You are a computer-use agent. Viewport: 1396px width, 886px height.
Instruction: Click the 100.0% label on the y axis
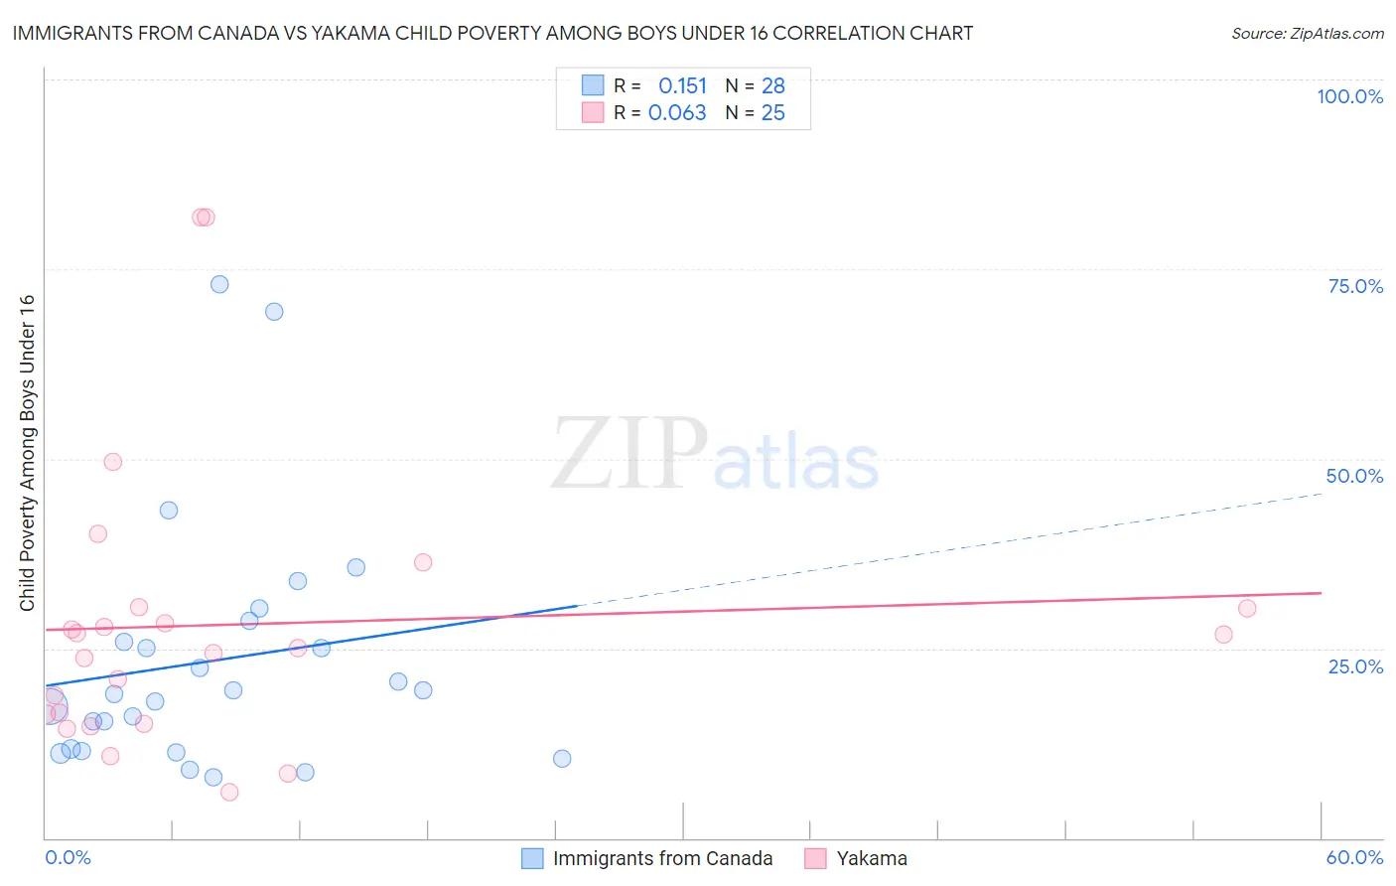(x=1349, y=96)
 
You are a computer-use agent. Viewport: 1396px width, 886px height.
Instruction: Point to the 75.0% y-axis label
(x=1355, y=286)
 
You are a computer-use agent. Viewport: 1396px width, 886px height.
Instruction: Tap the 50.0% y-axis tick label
(x=1354, y=476)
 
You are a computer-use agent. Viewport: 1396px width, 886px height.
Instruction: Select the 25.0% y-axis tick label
(x=1355, y=665)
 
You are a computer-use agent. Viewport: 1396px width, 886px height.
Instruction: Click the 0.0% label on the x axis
(x=68, y=857)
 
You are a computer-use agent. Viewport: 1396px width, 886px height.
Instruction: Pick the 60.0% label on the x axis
(x=1354, y=857)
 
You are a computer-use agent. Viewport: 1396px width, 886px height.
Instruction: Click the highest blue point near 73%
(x=219, y=284)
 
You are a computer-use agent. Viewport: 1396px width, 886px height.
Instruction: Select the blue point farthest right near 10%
(x=562, y=759)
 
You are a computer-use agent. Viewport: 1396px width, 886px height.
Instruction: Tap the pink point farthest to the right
(x=1247, y=609)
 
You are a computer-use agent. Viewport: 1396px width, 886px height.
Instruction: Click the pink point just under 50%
(x=113, y=462)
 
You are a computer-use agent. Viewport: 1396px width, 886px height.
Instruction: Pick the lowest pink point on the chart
(x=229, y=792)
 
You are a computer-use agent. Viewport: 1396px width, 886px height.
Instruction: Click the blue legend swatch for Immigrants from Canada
(x=532, y=858)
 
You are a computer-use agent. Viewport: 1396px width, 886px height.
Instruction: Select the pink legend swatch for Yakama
(x=816, y=858)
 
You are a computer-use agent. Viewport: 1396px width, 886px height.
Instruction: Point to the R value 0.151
(x=682, y=86)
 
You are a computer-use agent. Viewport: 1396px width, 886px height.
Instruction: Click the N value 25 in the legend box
(x=772, y=113)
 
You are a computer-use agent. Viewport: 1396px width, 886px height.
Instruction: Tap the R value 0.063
(x=677, y=113)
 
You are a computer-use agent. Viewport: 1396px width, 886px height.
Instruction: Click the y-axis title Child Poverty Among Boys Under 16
(x=27, y=453)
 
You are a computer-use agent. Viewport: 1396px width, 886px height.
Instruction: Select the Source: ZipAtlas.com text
(x=1307, y=34)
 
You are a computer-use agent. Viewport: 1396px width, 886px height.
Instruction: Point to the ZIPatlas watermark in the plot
(x=715, y=454)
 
